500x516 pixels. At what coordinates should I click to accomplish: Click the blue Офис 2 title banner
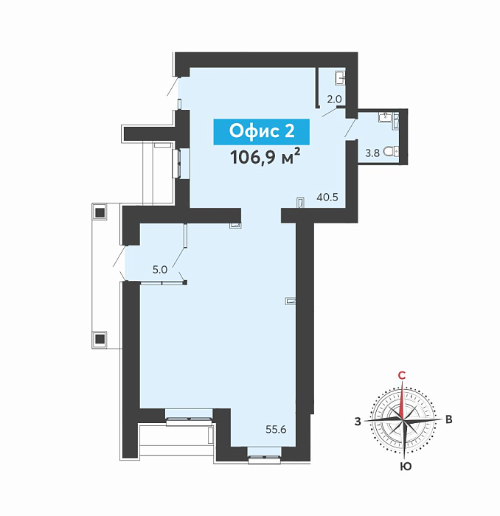pos(261,132)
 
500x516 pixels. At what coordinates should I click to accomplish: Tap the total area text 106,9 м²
pos(265,156)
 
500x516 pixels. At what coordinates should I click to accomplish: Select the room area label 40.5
pos(327,197)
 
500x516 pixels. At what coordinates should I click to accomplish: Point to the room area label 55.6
pos(276,430)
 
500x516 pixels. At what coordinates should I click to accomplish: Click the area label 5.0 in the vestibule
pos(160,270)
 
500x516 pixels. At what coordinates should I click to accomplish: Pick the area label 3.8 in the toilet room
pos(372,153)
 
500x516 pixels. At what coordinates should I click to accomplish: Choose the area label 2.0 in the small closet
pos(334,99)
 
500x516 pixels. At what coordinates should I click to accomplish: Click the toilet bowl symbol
pos(392,152)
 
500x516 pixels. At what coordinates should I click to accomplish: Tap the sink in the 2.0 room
pos(340,78)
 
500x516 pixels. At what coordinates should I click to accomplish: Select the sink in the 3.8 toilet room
pos(385,117)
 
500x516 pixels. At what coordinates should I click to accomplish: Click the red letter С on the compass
pos(402,375)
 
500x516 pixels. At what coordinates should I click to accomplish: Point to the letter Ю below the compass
pos(406,467)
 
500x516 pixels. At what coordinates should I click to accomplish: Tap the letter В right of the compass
pos(448,419)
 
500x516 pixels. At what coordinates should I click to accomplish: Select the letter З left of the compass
pos(358,421)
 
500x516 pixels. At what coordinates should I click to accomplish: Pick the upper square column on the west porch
pos(100,212)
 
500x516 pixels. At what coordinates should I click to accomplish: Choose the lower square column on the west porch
pos(100,338)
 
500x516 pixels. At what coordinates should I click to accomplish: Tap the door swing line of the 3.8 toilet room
pos(350,128)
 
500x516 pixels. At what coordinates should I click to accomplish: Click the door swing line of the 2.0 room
pos(329,112)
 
